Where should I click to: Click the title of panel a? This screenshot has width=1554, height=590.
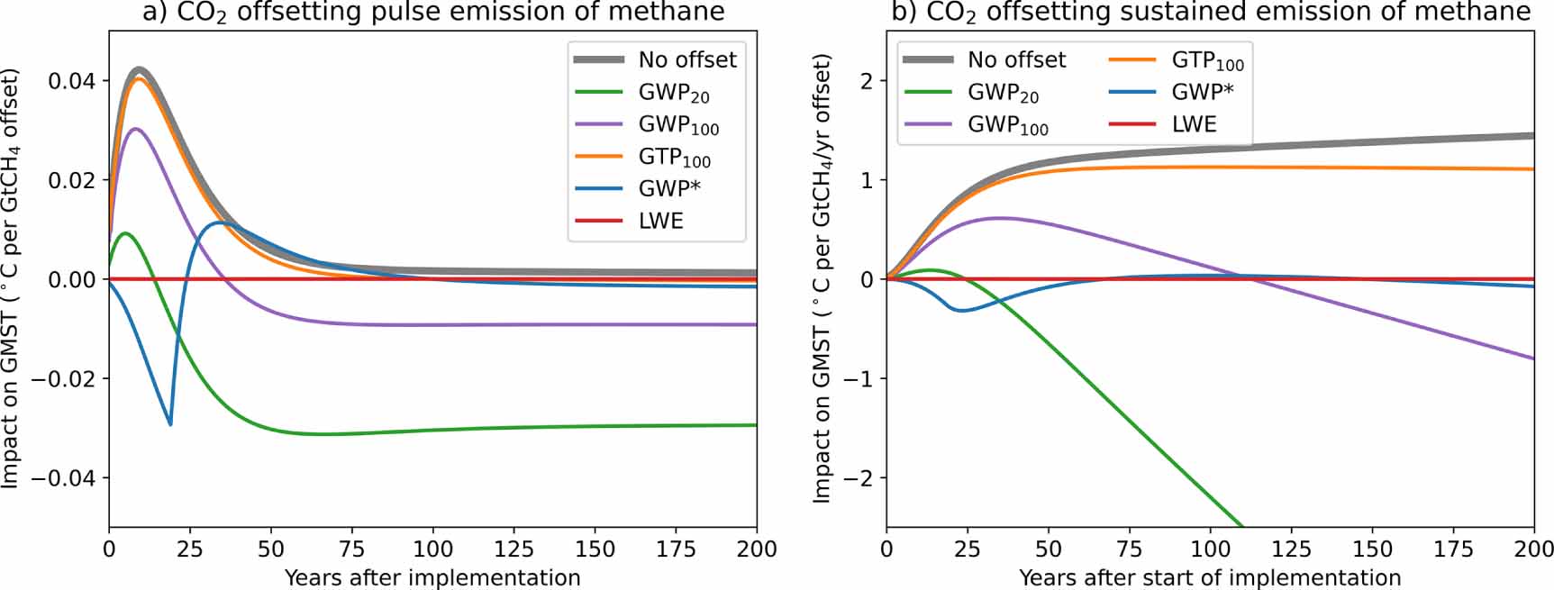432,12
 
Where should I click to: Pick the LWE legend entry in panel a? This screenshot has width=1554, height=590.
660,221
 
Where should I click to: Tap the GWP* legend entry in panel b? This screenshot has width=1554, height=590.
1202,92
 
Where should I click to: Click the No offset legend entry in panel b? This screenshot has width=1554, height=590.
1016,60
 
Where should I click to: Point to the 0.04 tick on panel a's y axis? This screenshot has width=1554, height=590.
71,81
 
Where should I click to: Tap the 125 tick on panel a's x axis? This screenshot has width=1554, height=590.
513,549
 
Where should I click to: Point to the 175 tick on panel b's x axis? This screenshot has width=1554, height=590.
1453,549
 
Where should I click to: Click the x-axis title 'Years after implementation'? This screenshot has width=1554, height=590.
432,577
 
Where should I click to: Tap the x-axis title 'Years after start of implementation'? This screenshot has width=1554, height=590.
1210,577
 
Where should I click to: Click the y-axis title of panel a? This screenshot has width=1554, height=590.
11,279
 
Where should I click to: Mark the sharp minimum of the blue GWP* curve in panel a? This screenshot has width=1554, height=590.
170,424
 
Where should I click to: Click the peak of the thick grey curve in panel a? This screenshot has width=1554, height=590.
139,69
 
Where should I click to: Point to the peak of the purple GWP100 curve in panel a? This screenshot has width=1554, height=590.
136,129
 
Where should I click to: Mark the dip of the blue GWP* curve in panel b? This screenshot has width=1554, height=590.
962,310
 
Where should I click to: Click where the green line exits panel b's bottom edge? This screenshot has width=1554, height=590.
1243,527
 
